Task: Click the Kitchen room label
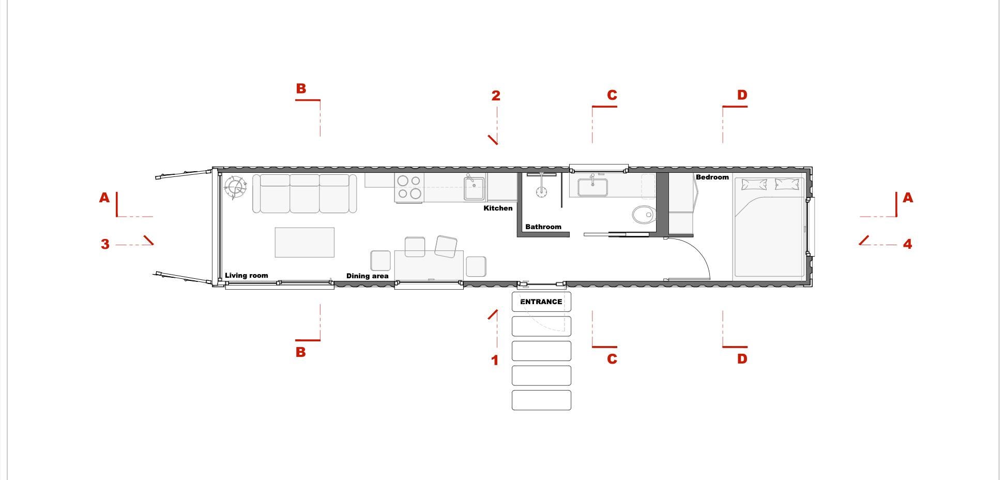[498, 208]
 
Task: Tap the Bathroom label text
[543, 227]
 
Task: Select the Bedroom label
[712, 177]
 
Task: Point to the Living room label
[246, 275]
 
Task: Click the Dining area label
[367, 276]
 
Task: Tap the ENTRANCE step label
[541, 302]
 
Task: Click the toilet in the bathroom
[643, 214]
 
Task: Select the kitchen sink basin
[474, 188]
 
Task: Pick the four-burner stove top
[409, 188]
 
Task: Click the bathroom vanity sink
[592, 187]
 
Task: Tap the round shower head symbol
[541, 192]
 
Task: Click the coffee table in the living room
[304, 242]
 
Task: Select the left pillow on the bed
[754, 185]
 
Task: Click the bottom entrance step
[541, 400]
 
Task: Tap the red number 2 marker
[496, 96]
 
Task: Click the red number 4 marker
[907, 244]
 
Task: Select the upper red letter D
[742, 95]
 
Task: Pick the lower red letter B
[300, 352]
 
